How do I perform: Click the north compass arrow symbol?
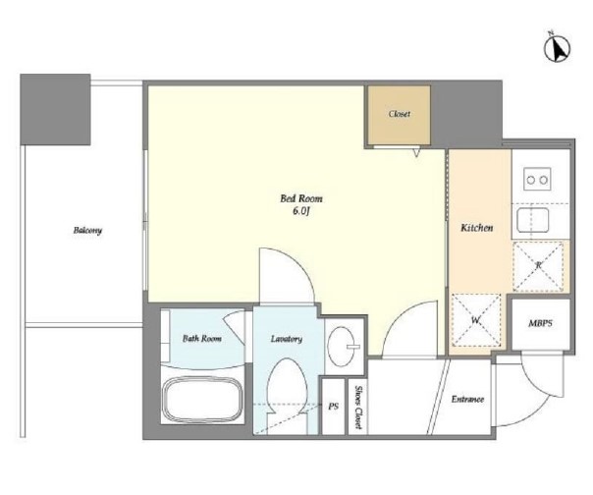click(557, 48)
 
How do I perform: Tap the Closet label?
click(399, 114)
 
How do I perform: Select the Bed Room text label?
click(301, 198)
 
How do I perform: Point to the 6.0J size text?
click(301, 211)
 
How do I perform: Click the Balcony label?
click(87, 230)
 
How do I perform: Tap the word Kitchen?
click(476, 228)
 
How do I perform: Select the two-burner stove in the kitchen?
click(537, 179)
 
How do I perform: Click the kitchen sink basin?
click(532, 220)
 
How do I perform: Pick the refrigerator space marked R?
click(538, 266)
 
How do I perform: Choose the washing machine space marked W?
click(476, 320)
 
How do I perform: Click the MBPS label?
click(540, 323)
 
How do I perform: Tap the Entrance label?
click(467, 399)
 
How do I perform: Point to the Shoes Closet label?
click(357, 408)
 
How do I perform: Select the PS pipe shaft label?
click(333, 407)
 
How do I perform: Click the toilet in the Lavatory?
click(287, 395)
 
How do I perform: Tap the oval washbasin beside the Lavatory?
click(341, 347)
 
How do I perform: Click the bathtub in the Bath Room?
click(202, 400)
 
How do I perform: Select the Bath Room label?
click(202, 338)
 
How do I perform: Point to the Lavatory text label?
click(287, 338)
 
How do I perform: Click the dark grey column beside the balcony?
click(55, 109)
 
